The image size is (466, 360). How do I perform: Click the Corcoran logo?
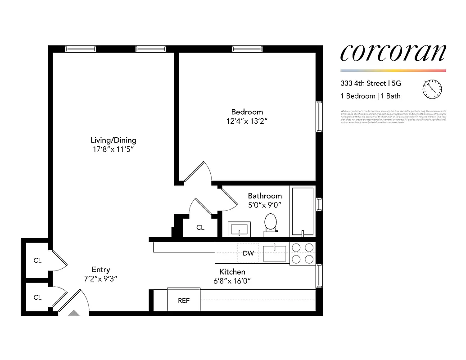coord(393,53)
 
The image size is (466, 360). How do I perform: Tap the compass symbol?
coord(432,89)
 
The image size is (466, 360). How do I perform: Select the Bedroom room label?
coord(247,112)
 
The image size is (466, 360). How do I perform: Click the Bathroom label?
coord(265,196)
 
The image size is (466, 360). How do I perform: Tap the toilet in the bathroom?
coord(270,224)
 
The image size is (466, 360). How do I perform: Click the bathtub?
coord(303,211)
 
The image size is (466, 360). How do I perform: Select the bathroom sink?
coord(239,229)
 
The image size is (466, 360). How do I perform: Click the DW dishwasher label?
coord(248,253)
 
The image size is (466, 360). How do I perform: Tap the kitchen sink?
coord(274,253)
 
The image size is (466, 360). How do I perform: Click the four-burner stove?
coord(303,253)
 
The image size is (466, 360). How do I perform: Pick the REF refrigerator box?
coord(184,300)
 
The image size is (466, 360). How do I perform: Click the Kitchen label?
coord(232,272)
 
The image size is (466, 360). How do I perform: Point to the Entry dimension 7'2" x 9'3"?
coord(101,279)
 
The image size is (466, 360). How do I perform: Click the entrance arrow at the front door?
coord(73,312)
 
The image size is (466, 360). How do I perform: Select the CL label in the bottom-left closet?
coord(37,297)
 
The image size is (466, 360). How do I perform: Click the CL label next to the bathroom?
coord(200,228)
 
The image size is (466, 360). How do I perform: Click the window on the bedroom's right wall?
coord(319,117)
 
